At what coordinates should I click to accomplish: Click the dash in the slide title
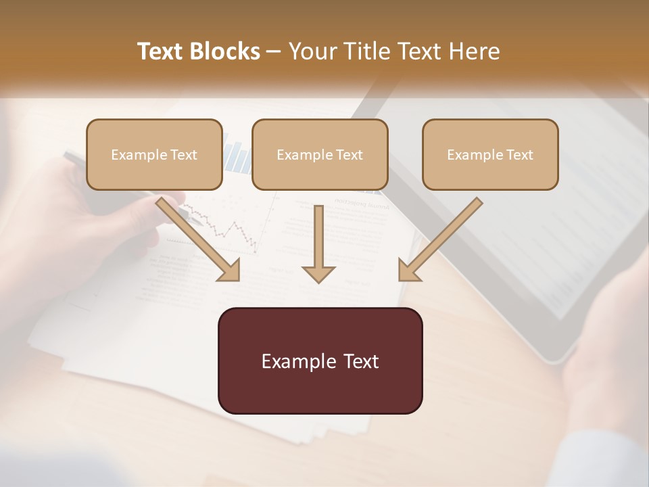pos(274,52)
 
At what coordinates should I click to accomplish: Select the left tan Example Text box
pos(154,154)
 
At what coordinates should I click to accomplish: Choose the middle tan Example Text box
pos(320,154)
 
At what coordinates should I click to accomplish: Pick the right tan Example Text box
pos(490,154)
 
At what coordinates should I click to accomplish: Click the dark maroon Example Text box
pos(320,361)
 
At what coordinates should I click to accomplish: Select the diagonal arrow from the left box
pos(199,239)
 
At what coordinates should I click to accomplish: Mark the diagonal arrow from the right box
pos(439,239)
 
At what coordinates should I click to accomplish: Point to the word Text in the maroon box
pos(361,361)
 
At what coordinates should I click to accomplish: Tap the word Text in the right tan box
pos(520,155)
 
